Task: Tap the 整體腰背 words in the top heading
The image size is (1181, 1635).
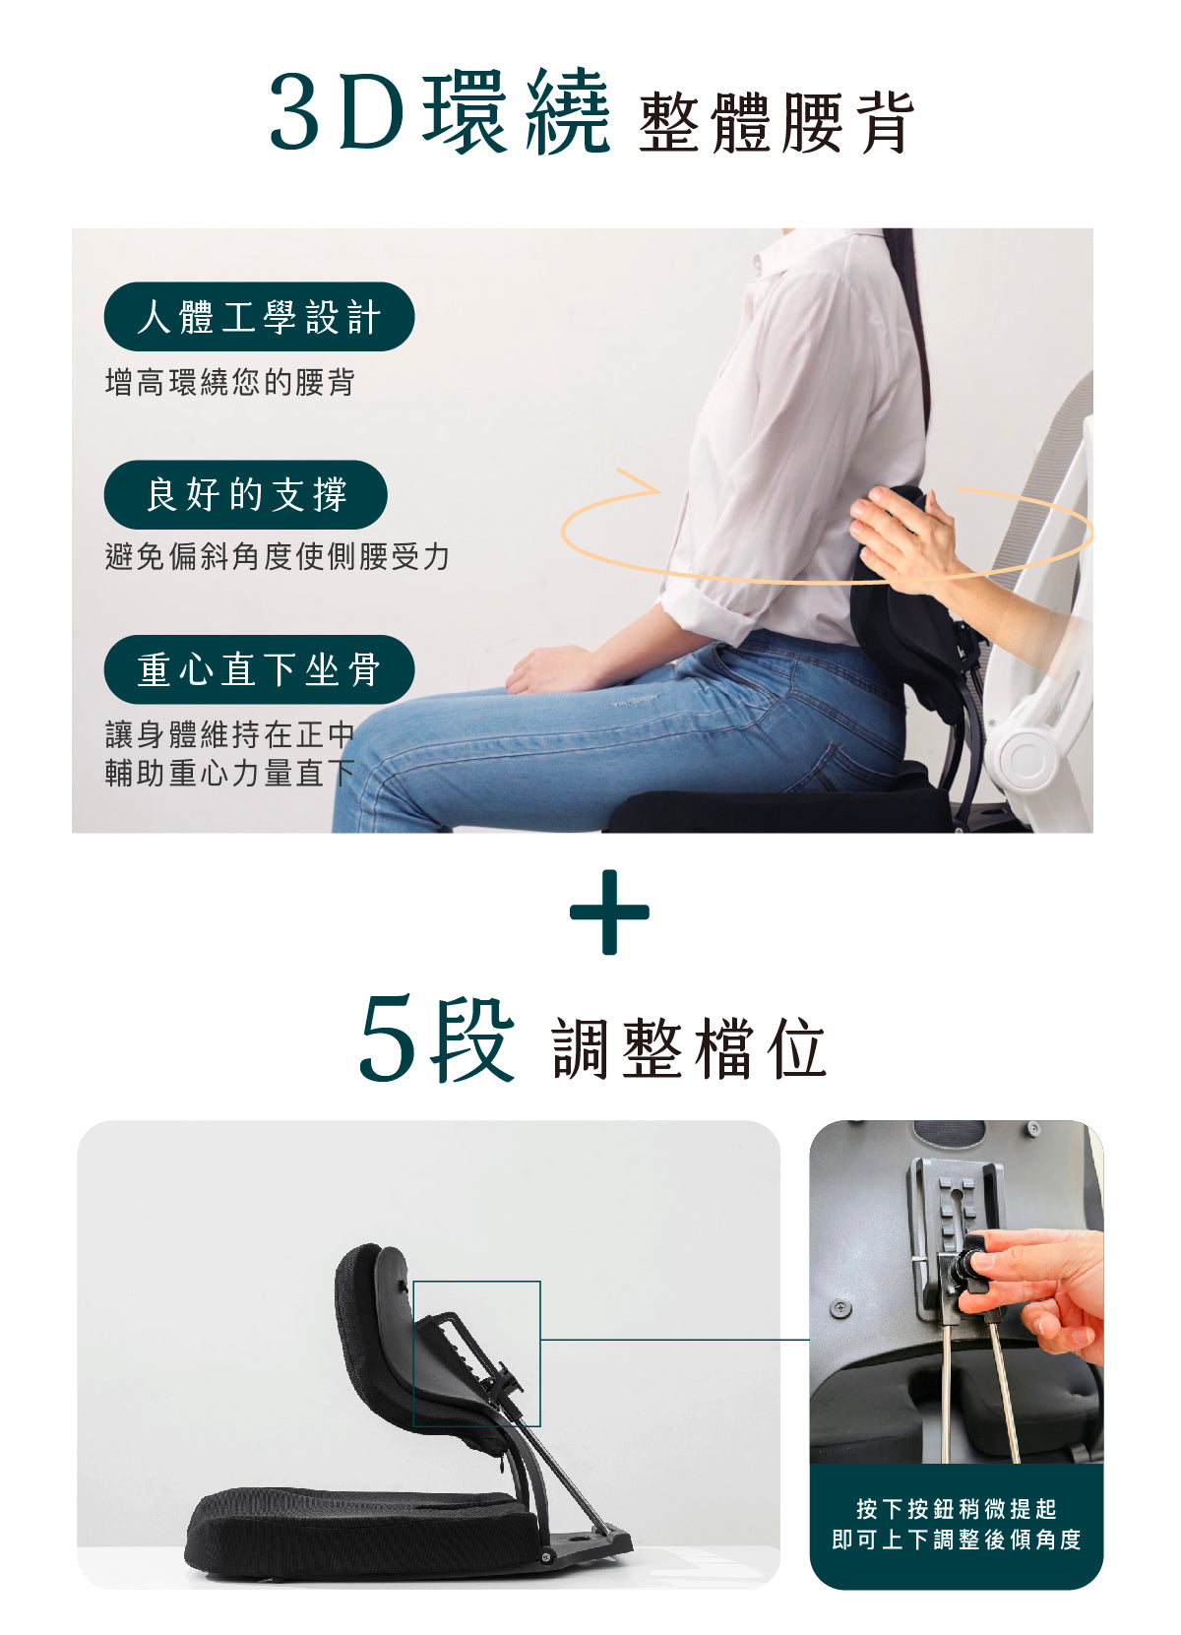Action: point(776,123)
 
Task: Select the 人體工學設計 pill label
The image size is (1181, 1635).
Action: point(259,317)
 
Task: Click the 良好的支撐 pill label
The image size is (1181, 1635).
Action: point(246,494)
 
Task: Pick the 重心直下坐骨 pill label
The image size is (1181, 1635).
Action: point(259,669)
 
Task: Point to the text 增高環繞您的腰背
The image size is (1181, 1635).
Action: point(230,383)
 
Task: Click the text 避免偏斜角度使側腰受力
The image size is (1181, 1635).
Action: point(278,557)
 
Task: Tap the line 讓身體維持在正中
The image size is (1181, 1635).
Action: point(230,734)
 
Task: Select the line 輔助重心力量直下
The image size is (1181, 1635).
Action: point(230,773)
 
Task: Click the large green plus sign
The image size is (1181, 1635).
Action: point(609,912)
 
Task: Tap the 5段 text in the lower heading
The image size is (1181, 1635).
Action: point(437,1039)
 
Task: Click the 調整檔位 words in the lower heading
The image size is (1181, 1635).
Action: point(689,1048)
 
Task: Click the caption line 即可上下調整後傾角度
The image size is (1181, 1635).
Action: point(957,1540)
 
